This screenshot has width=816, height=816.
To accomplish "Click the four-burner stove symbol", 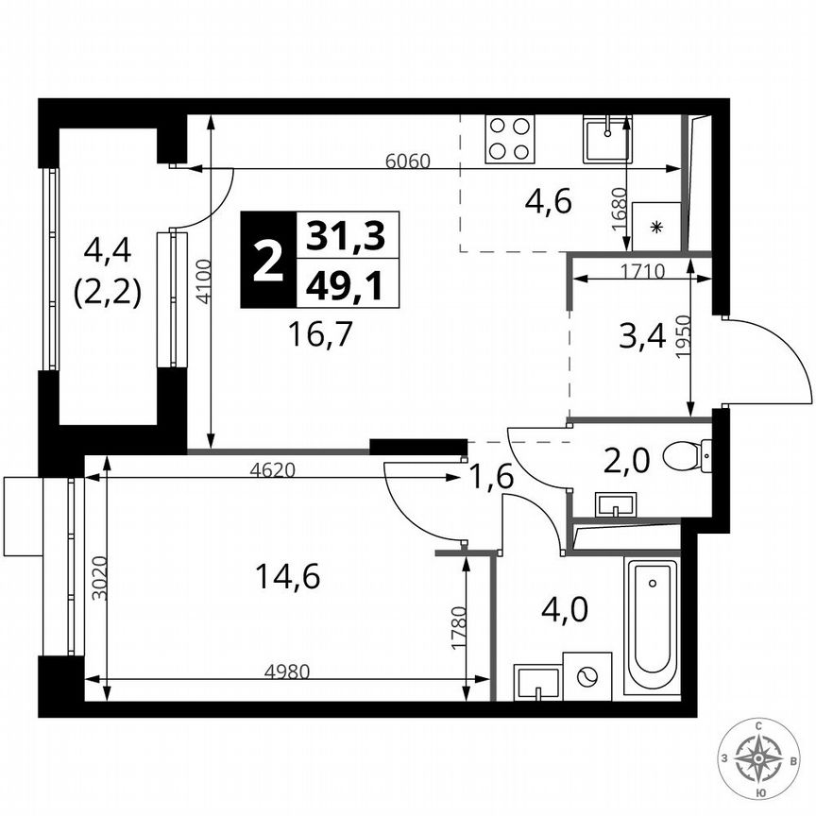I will click(x=510, y=139).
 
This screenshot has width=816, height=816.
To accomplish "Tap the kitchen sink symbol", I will click(x=606, y=139).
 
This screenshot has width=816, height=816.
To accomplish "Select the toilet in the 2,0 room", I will click(x=688, y=458).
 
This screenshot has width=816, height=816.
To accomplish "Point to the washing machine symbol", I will click(x=587, y=676).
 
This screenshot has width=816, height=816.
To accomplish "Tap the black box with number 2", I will click(x=268, y=260).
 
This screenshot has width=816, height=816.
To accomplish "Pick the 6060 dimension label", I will click(x=408, y=161).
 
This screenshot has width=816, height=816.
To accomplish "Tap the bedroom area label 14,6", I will click(x=287, y=575).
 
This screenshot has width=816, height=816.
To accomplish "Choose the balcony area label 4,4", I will click(x=110, y=251).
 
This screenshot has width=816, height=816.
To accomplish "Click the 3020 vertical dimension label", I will click(x=91, y=585).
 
